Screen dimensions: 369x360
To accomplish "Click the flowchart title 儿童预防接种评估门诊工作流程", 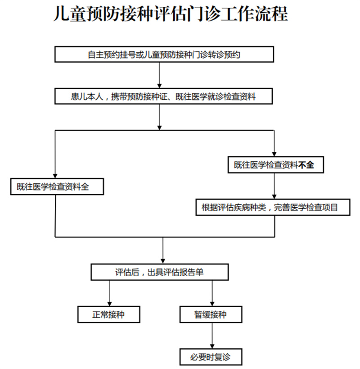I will click(x=170, y=14).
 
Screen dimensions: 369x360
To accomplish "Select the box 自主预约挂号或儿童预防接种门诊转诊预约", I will click(x=164, y=55).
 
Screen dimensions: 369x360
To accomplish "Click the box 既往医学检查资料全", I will click(x=57, y=187).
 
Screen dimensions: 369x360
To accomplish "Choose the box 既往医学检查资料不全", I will click(x=274, y=165).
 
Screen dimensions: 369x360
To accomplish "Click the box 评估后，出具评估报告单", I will click(x=160, y=272).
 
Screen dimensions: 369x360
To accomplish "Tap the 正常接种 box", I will click(x=108, y=314).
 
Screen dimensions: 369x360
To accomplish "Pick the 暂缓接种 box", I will click(x=211, y=314).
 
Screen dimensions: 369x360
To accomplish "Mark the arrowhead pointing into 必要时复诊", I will click(x=211, y=345).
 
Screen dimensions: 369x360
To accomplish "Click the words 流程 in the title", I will click(x=273, y=14).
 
